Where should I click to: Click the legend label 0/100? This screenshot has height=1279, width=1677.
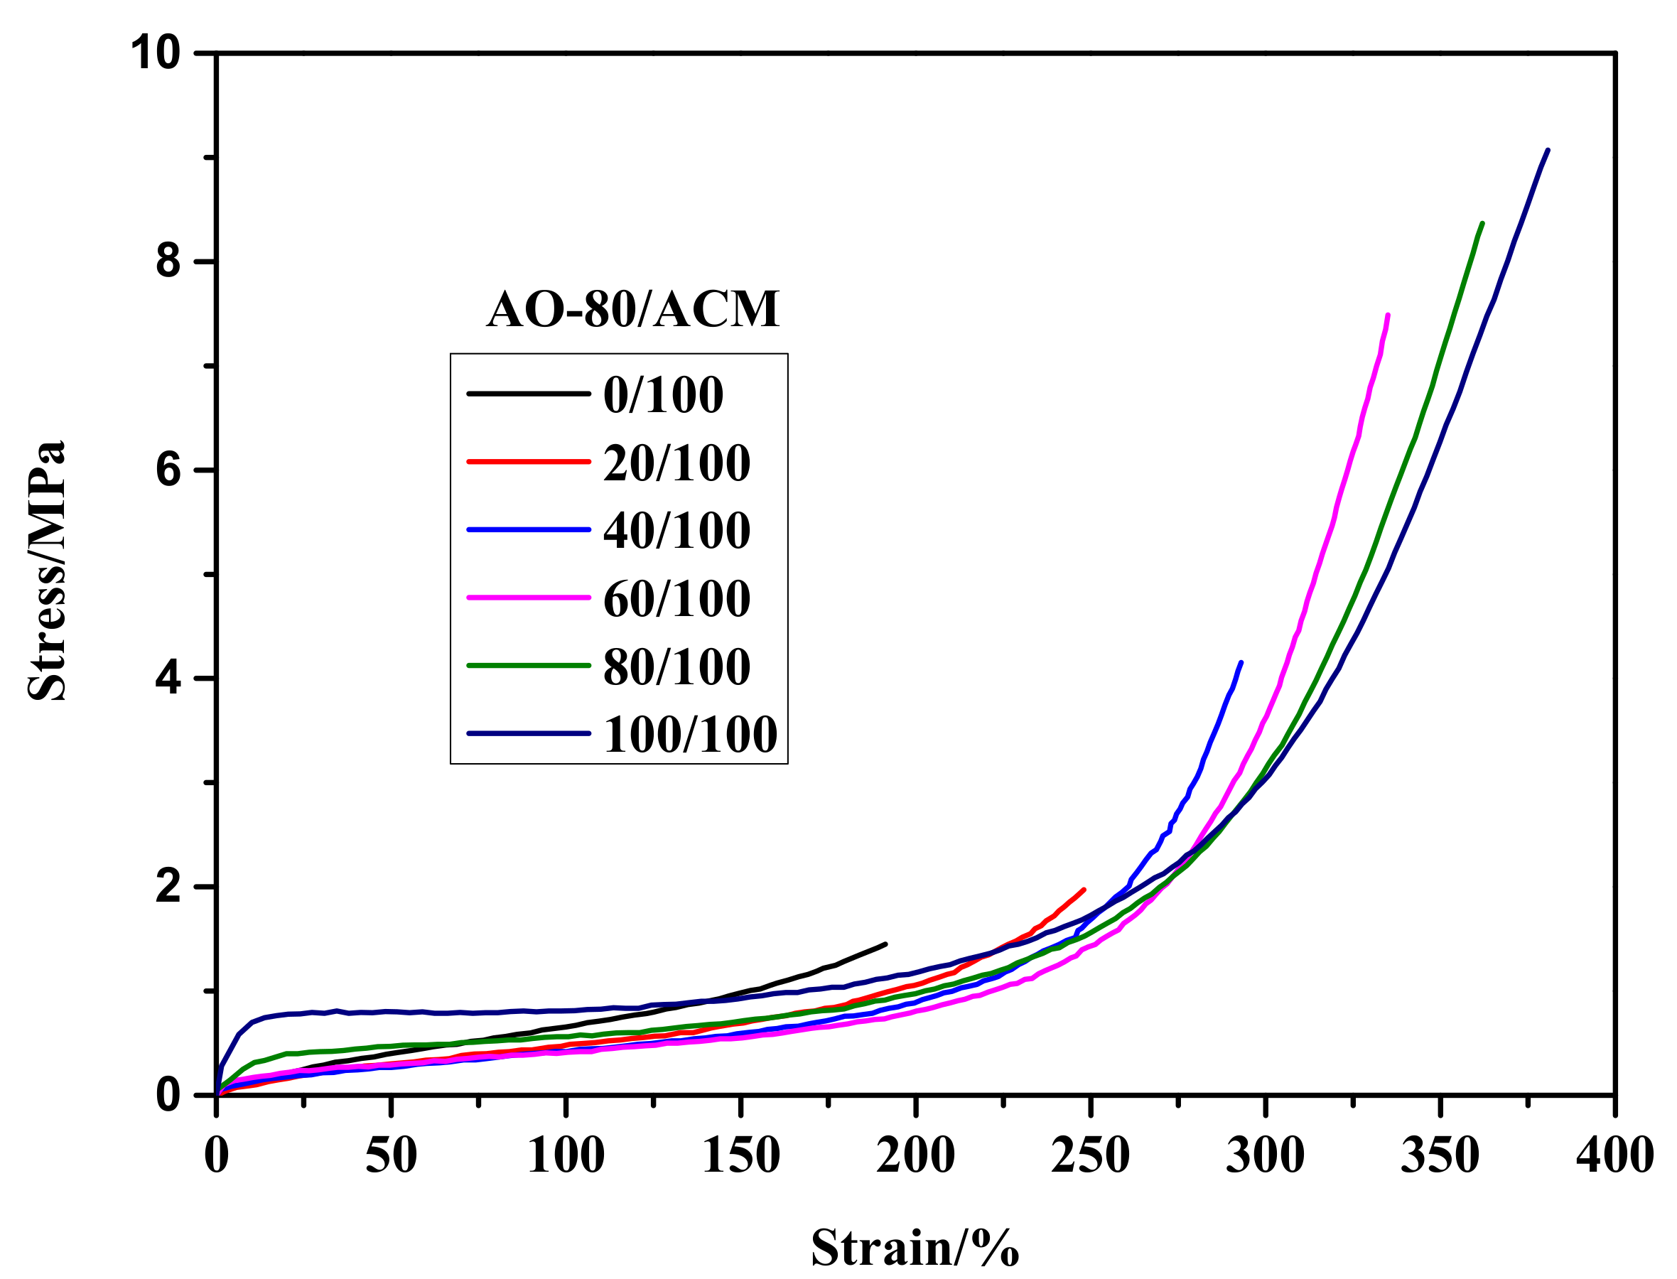[x=662, y=395]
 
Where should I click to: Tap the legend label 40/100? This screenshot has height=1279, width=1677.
[x=676, y=531]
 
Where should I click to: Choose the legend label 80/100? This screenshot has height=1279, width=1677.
[x=676, y=667]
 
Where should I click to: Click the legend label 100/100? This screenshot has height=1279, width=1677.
[x=690, y=735]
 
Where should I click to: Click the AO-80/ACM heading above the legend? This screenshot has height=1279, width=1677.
[x=632, y=309]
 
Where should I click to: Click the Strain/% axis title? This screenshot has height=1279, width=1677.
[x=915, y=1247]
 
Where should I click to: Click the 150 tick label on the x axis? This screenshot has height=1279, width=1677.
[x=740, y=1155]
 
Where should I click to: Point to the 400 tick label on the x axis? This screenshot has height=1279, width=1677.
[x=1614, y=1155]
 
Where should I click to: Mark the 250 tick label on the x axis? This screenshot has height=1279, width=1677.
[x=1090, y=1155]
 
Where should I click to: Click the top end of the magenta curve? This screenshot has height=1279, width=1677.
[x=1388, y=315]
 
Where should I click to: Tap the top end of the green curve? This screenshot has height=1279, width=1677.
[x=1482, y=223]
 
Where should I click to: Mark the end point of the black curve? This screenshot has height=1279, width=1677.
[x=885, y=944]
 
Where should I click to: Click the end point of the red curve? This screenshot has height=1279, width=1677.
[x=1083, y=889]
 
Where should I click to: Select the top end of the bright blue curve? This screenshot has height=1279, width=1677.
[x=1241, y=662]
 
